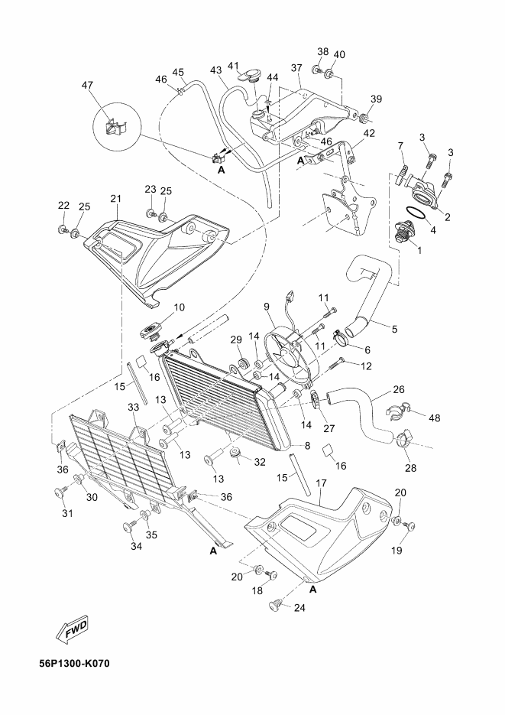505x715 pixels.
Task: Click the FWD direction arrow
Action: tap(73, 631)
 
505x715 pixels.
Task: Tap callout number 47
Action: tap(87, 85)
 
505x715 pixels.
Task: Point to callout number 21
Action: tap(115, 199)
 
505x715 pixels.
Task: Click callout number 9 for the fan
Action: tap(267, 307)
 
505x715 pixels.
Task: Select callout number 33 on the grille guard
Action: tap(134, 407)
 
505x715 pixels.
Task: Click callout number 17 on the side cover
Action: tap(321, 483)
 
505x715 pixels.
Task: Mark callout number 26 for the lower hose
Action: tap(399, 390)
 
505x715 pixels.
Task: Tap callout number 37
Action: tap(296, 68)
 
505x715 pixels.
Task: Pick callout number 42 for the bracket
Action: tap(369, 133)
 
